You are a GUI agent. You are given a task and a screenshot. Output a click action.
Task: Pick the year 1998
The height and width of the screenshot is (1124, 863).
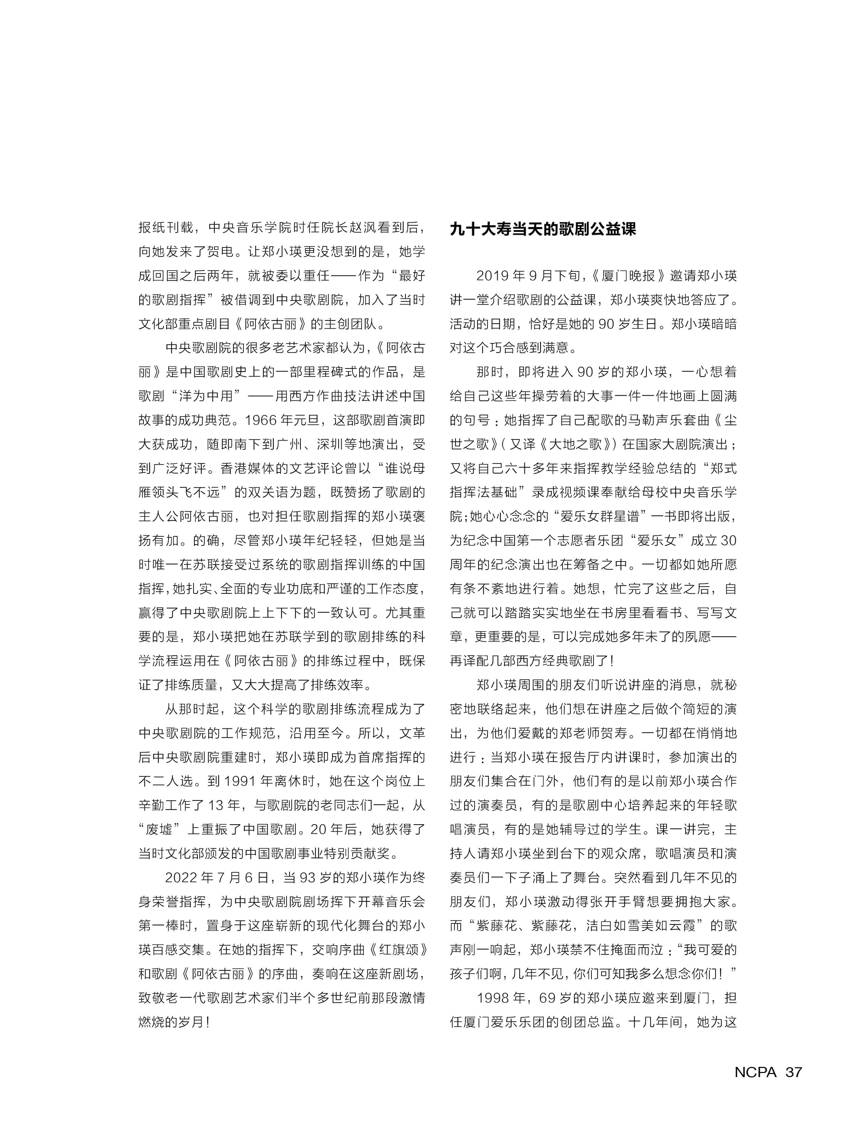click(x=493, y=998)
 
